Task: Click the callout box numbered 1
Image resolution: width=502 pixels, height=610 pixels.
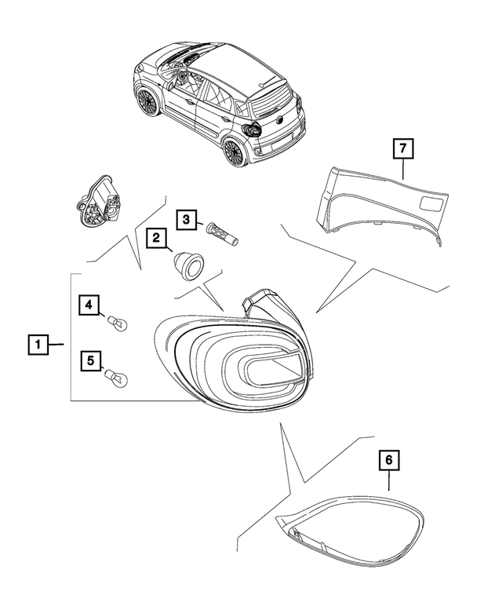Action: pos(36,344)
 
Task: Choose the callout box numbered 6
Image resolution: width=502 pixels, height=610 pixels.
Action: pos(389,459)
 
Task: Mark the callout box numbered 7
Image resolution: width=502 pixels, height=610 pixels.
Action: pos(401,147)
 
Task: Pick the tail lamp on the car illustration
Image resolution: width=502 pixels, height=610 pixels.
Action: pos(253,130)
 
